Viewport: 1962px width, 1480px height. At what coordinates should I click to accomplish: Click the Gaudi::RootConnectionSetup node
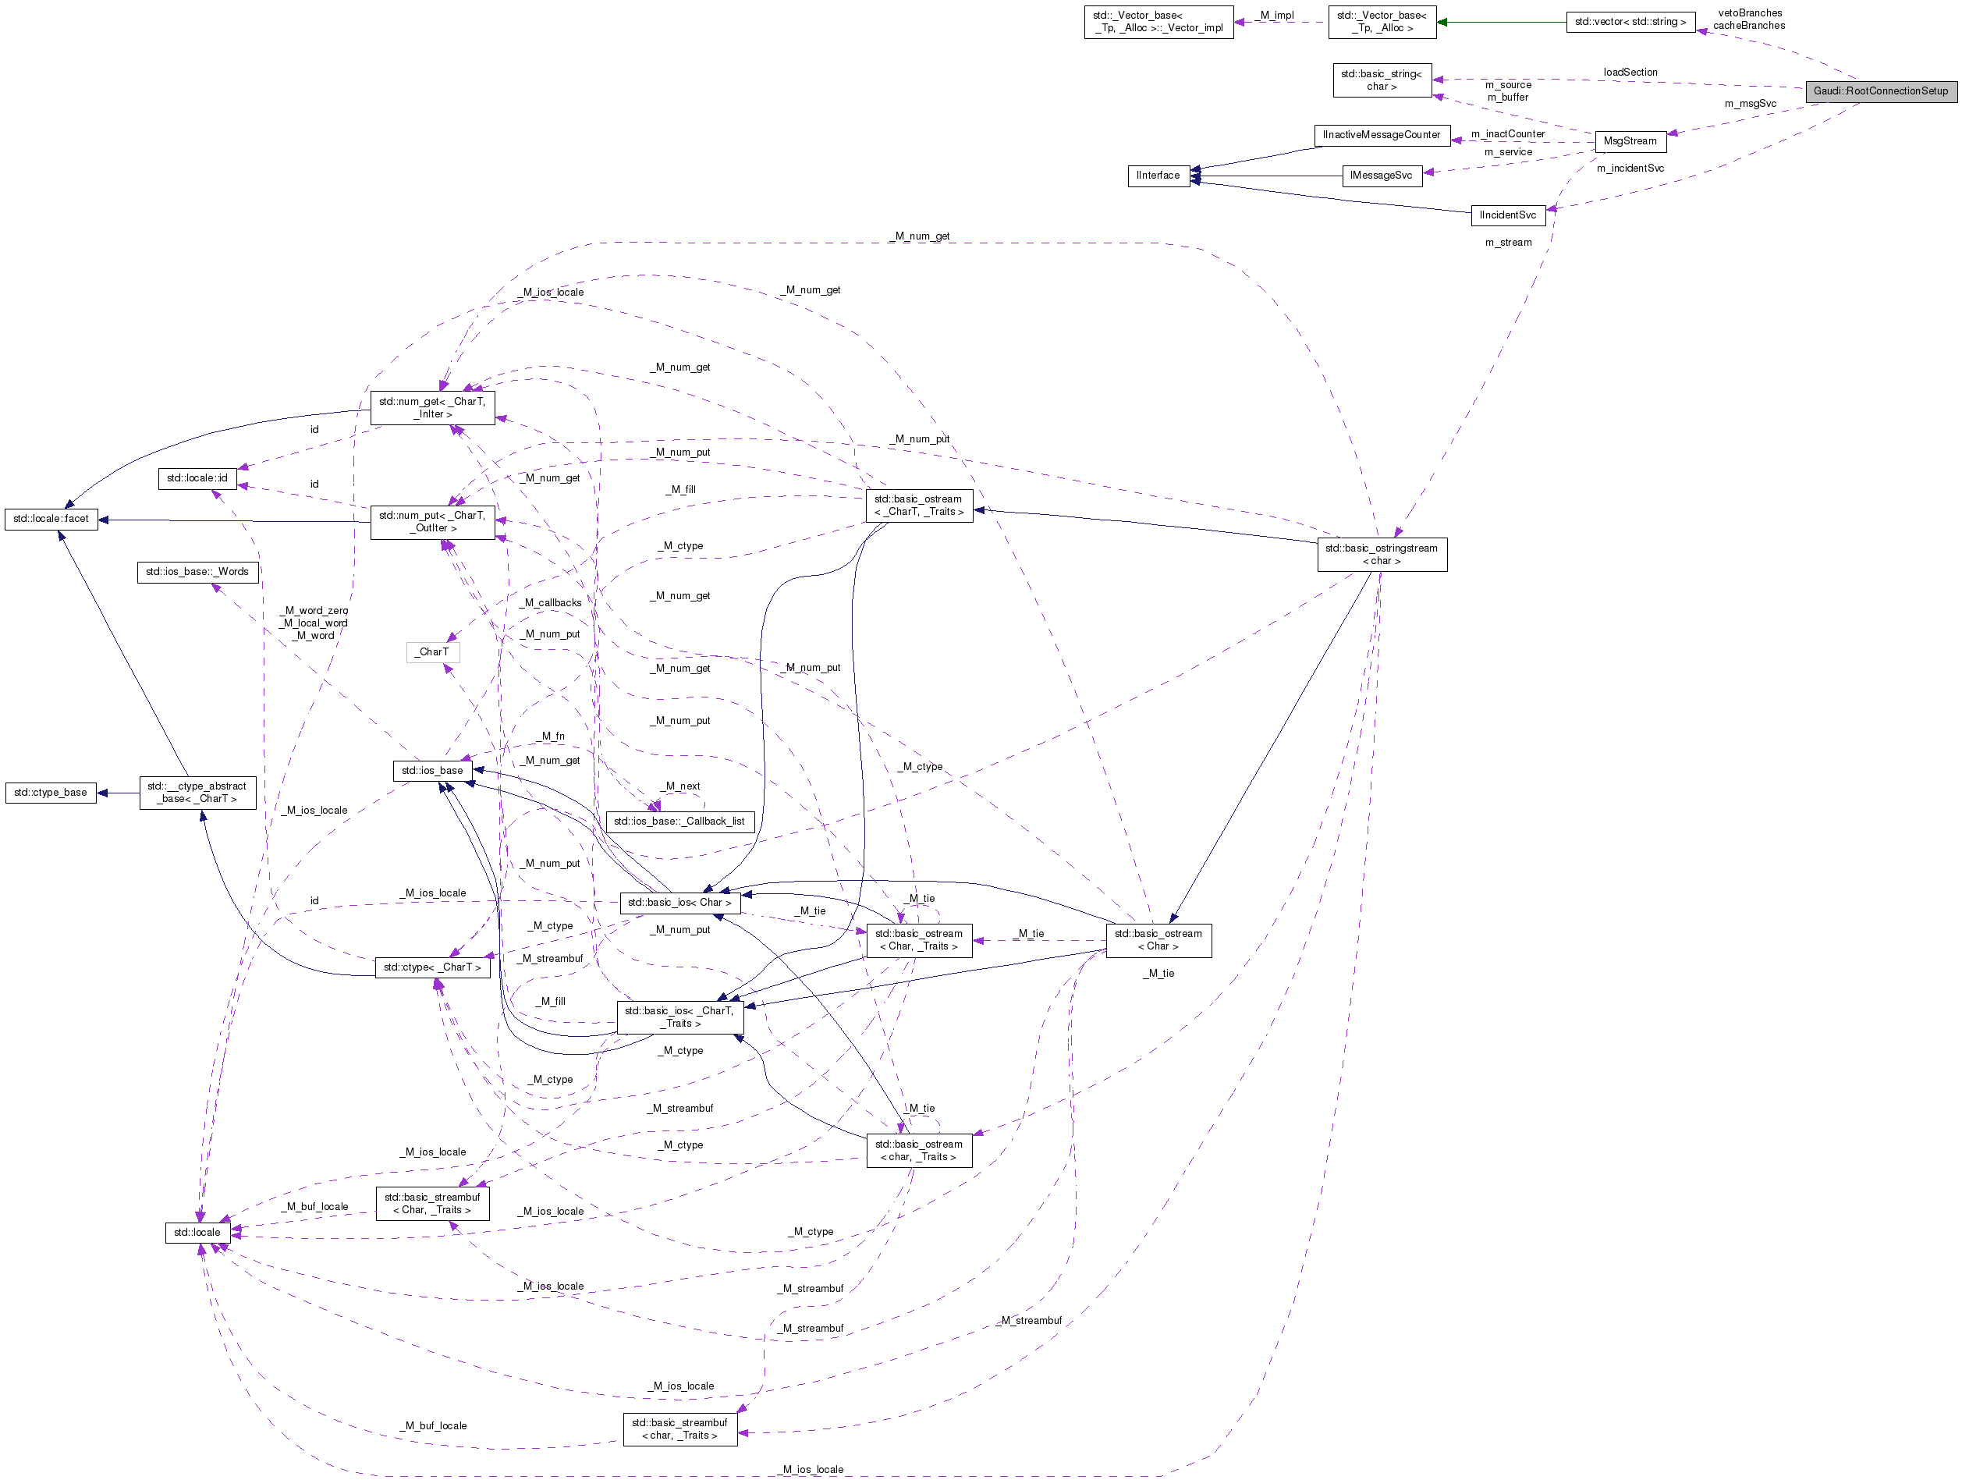pos(1880,91)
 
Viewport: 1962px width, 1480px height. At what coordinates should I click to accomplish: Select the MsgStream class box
pos(1630,141)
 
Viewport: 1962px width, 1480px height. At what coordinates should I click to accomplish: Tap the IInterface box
pos(1158,176)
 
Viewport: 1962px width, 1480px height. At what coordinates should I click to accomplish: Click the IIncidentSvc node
pos(1507,215)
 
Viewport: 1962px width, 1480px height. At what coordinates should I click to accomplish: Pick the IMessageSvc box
pos(1381,176)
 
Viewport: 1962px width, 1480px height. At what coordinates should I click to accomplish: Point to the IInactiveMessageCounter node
pos(1381,135)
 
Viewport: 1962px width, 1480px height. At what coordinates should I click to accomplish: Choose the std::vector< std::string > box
pos(1630,22)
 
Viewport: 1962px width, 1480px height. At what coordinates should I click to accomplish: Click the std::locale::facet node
pos(51,519)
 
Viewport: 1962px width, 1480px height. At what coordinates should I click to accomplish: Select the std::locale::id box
pos(197,478)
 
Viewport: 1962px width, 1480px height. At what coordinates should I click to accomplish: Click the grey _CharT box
pos(433,652)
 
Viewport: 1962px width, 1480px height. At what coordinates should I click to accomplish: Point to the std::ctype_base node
pos(51,793)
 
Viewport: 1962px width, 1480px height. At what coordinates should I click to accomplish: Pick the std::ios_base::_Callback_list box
pos(679,822)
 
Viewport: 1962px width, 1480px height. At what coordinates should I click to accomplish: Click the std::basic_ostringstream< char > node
pos(1381,555)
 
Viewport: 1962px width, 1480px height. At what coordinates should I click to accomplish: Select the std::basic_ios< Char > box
pos(679,903)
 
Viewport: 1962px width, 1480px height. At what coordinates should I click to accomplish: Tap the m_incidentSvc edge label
pos(1630,169)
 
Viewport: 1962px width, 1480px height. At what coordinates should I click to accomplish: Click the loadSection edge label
pos(1630,73)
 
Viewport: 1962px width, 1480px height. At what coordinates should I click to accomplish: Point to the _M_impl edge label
pos(1276,16)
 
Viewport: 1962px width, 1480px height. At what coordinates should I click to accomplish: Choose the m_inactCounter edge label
pos(1507,134)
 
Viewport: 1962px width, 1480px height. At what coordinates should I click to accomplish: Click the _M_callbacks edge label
pos(552,603)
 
